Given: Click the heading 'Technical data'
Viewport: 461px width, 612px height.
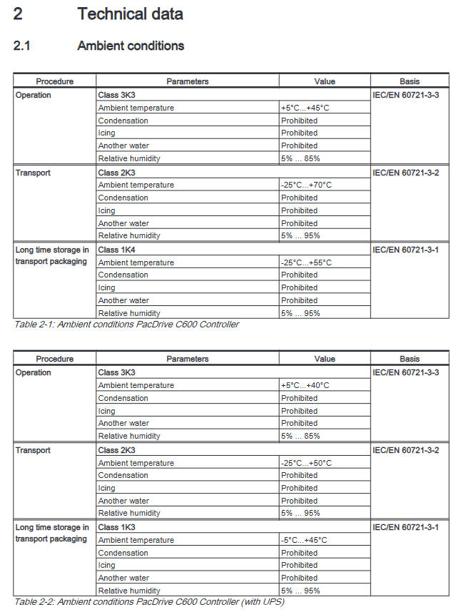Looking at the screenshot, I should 131,14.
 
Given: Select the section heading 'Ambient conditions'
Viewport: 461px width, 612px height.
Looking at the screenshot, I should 131,46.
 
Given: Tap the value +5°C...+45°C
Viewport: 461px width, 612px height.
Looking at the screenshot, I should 305,108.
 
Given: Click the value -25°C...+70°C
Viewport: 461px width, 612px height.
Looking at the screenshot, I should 306,185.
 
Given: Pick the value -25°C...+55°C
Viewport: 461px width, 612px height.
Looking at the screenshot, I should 306,262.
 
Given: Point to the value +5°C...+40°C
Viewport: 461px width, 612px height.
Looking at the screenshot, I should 305,385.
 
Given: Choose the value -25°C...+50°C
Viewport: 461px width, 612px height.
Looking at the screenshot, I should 306,463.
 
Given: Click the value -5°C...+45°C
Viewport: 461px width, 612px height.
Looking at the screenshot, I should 304,540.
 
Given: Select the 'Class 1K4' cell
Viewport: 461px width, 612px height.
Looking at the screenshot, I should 116,250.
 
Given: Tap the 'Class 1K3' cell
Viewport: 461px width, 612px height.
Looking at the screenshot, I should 116,527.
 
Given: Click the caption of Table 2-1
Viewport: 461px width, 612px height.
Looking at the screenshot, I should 127,325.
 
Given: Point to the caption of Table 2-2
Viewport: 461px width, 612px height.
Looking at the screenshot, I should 149,602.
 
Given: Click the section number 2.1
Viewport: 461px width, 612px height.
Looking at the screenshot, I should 22,46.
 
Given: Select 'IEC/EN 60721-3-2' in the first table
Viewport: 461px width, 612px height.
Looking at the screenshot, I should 406,173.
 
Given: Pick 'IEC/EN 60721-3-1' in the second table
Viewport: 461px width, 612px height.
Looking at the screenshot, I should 406,527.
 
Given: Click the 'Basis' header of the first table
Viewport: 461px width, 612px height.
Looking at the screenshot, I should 410,81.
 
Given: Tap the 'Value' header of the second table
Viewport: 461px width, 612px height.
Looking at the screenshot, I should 325,359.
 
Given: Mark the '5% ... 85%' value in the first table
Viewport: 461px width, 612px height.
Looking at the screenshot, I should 300,158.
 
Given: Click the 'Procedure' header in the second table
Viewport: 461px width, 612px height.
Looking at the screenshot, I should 55,359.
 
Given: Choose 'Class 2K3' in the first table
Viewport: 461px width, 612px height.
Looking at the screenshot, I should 116,173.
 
